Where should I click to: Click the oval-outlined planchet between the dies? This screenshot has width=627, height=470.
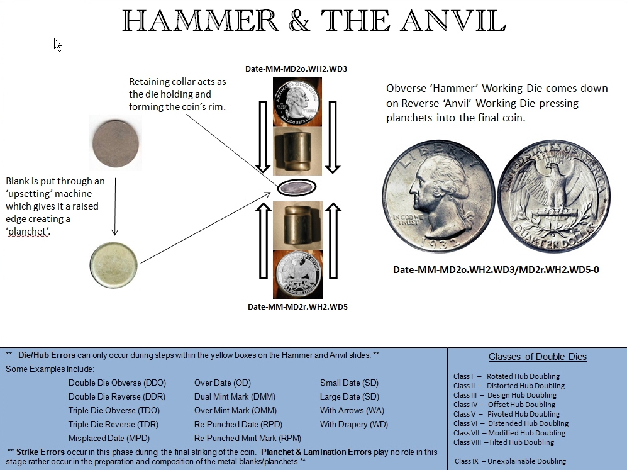(x=297, y=187)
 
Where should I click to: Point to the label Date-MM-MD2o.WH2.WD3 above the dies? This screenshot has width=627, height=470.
(x=296, y=68)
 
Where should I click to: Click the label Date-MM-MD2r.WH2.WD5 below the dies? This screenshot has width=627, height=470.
(x=297, y=307)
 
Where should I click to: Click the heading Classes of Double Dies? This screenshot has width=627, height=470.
(x=537, y=357)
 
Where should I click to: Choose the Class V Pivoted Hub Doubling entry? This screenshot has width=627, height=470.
(x=506, y=414)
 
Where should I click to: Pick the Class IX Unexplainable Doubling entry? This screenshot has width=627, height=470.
(x=510, y=461)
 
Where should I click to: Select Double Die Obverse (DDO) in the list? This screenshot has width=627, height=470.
(x=117, y=383)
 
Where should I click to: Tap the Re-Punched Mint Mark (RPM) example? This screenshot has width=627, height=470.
(x=248, y=438)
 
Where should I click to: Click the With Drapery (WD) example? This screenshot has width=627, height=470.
(x=353, y=424)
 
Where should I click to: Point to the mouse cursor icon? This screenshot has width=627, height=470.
(x=57, y=45)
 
